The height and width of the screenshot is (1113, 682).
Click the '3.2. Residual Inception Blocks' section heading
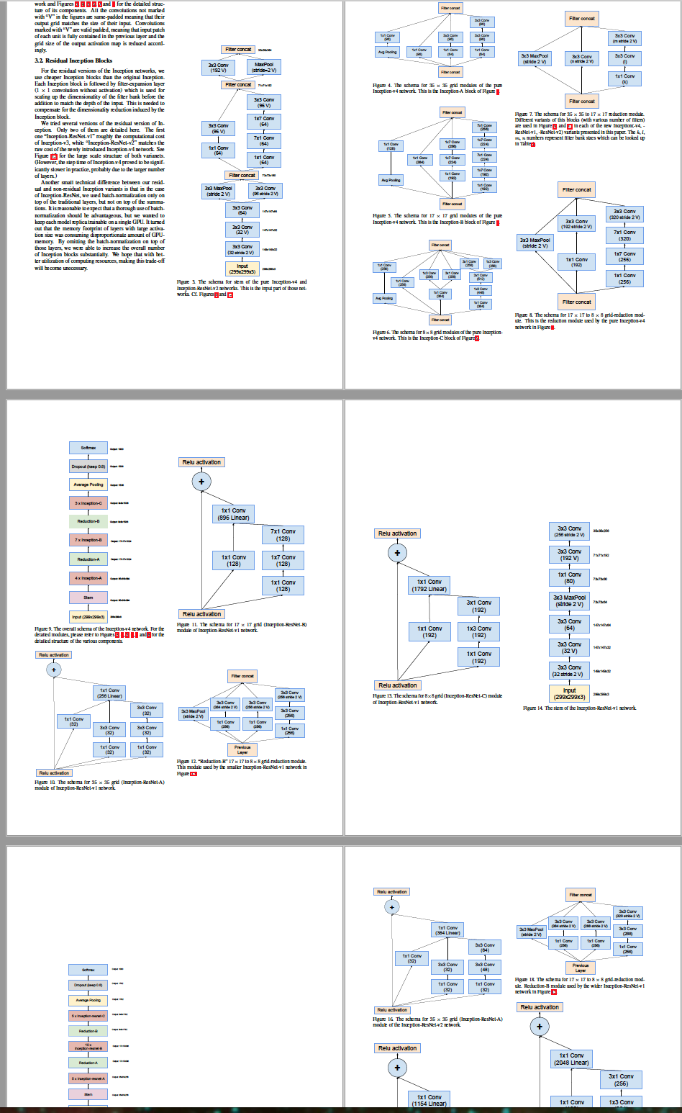click(73, 60)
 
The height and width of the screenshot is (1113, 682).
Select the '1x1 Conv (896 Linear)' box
click(233, 514)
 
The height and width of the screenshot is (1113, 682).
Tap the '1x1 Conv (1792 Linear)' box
click(429, 585)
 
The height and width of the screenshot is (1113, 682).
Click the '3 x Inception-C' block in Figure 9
click(88, 503)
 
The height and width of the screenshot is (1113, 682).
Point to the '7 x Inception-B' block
click(88, 539)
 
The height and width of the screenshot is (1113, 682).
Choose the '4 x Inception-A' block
click(88, 578)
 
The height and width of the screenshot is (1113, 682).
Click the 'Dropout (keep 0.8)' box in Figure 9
click(88, 466)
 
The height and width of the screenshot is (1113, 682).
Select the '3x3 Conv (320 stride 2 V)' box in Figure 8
click(624, 214)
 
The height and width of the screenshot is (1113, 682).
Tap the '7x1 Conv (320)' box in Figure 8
click(624, 235)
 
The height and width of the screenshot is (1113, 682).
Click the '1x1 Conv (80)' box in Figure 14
click(569, 577)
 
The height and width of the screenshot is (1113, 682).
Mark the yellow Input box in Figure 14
click(569, 693)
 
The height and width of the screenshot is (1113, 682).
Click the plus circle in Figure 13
click(397, 553)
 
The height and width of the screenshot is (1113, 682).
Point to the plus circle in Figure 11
click(201, 482)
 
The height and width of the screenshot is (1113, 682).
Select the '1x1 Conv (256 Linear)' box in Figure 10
click(109, 693)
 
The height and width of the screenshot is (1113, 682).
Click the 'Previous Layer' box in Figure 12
click(242, 749)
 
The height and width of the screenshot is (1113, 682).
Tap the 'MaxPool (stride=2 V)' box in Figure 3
click(264, 67)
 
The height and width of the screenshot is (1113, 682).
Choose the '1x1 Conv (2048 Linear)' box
click(572, 1058)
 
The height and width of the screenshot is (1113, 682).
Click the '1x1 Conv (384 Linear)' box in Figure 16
click(447, 930)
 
